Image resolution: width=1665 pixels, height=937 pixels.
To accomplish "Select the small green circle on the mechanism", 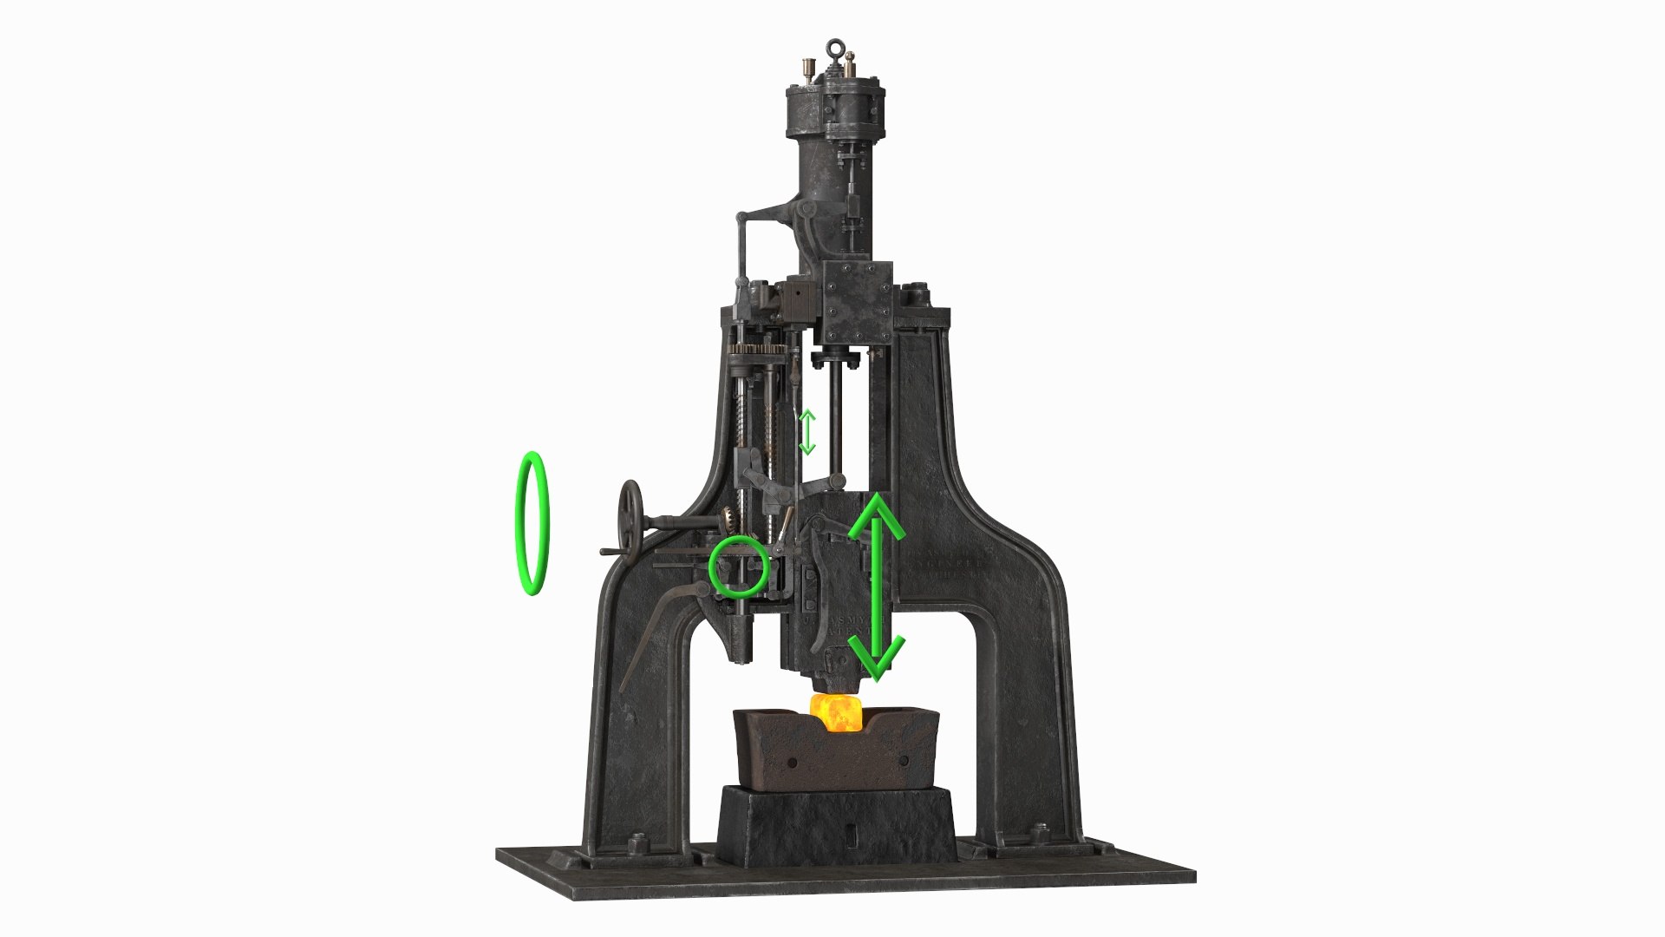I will [738, 565].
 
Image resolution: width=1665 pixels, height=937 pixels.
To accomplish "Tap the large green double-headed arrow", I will [876, 586].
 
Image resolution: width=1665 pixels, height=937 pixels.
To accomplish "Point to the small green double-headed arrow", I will [807, 432].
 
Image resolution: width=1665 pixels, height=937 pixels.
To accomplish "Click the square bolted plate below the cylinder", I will [856, 300].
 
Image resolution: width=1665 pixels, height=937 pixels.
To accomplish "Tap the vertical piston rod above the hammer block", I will [835, 416].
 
